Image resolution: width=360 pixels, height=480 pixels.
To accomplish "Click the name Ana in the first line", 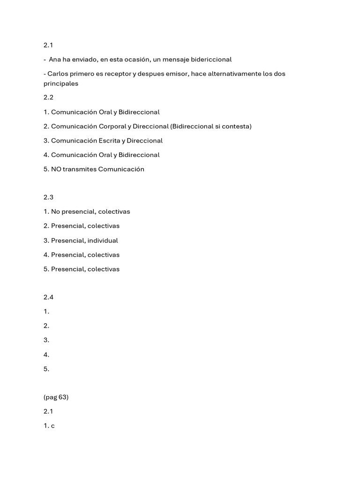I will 55,60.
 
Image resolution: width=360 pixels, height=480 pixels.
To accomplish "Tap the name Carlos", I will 58,74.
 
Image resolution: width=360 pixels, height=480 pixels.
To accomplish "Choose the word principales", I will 61,83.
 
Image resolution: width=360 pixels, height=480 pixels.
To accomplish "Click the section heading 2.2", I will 49,97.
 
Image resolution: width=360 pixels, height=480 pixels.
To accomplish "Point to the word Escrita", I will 112,141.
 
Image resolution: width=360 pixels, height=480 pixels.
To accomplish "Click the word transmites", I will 80,169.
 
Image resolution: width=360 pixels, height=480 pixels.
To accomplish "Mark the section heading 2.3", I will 49,197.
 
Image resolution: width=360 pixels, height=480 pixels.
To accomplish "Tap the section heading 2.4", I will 49,297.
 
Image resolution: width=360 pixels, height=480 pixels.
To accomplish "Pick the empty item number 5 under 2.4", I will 46,369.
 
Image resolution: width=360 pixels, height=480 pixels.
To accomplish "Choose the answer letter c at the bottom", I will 53,426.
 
